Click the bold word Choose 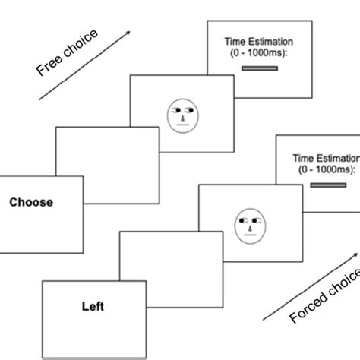[30, 203]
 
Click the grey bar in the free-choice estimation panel [257, 69]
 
